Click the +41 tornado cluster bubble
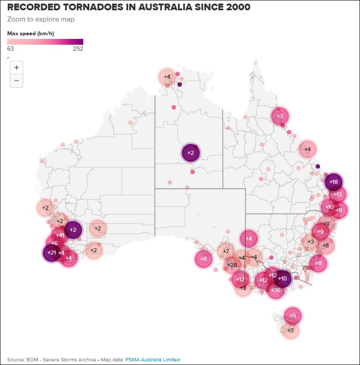point(60,235)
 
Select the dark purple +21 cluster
point(51,253)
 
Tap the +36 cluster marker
point(276,290)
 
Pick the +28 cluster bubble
point(232,265)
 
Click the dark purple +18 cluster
point(334,182)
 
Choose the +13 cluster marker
point(338,195)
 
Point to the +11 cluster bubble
point(318,263)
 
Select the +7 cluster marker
point(226,250)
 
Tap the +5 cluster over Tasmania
point(292,315)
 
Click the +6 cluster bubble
point(54,243)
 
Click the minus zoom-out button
point(17,81)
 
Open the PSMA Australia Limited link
point(153,360)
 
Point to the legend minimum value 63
point(10,49)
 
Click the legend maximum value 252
point(78,49)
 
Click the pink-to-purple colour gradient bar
point(45,42)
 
